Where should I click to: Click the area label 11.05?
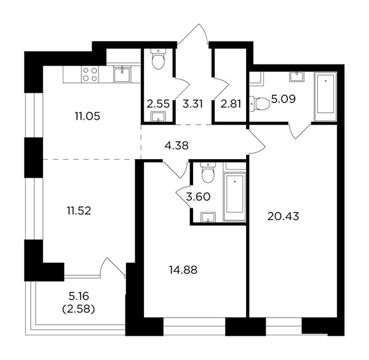click(x=87, y=116)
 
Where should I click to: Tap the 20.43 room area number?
click(x=283, y=216)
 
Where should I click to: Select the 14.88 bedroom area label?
click(x=183, y=270)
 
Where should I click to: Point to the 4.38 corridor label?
click(x=177, y=146)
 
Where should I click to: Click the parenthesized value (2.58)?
click(x=79, y=309)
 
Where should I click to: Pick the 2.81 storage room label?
click(x=231, y=104)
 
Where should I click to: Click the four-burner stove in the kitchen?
click(x=90, y=74)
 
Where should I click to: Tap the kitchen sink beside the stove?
click(x=122, y=74)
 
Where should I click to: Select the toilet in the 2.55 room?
click(x=158, y=59)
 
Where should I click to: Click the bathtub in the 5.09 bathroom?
click(x=326, y=97)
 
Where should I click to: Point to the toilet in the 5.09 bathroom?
click(x=260, y=104)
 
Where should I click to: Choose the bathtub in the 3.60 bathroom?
click(x=235, y=197)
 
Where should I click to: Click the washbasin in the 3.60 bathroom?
click(x=208, y=217)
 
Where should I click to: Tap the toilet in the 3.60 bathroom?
click(x=208, y=173)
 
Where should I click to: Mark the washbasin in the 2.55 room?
click(x=159, y=117)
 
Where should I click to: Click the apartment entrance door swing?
click(x=193, y=34)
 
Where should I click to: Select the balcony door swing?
click(x=113, y=267)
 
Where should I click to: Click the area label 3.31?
click(x=192, y=104)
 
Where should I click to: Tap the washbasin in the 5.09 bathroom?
click(x=296, y=77)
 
